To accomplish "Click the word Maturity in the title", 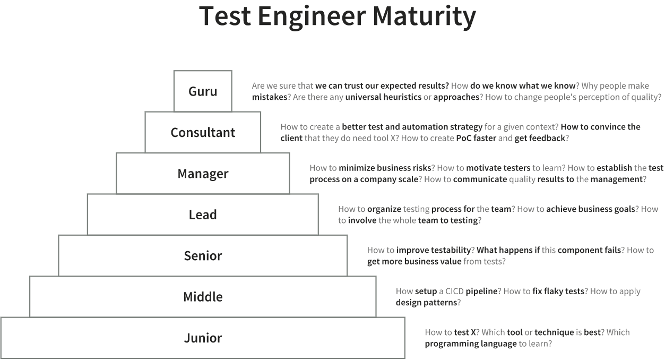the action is (x=424, y=16).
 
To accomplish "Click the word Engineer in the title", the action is (x=312, y=17).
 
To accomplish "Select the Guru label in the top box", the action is (x=203, y=91).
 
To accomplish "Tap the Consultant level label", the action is (x=203, y=132).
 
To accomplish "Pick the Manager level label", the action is (x=203, y=174).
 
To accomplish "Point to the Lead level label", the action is (x=203, y=215).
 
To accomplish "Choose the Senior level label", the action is (x=203, y=256).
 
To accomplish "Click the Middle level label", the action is (x=203, y=297).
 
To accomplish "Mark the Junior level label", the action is (x=203, y=338).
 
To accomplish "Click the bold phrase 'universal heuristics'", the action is (x=383, y=97).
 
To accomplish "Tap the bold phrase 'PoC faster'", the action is (x=476, y=138).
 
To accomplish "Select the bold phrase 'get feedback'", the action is (x=540, y=139).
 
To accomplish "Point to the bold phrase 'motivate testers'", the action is (x=498, y=168).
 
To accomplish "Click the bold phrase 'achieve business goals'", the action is (x=591, y=209).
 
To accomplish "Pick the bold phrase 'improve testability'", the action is (x=434, y=250).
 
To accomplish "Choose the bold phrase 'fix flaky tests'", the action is (x=558, y=291).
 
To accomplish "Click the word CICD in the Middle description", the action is (x=454, y=291).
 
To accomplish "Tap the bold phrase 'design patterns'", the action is (x=426, y=303).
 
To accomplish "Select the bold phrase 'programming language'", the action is (x=471, y=344).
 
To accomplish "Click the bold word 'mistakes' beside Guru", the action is (x=270, y=97).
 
